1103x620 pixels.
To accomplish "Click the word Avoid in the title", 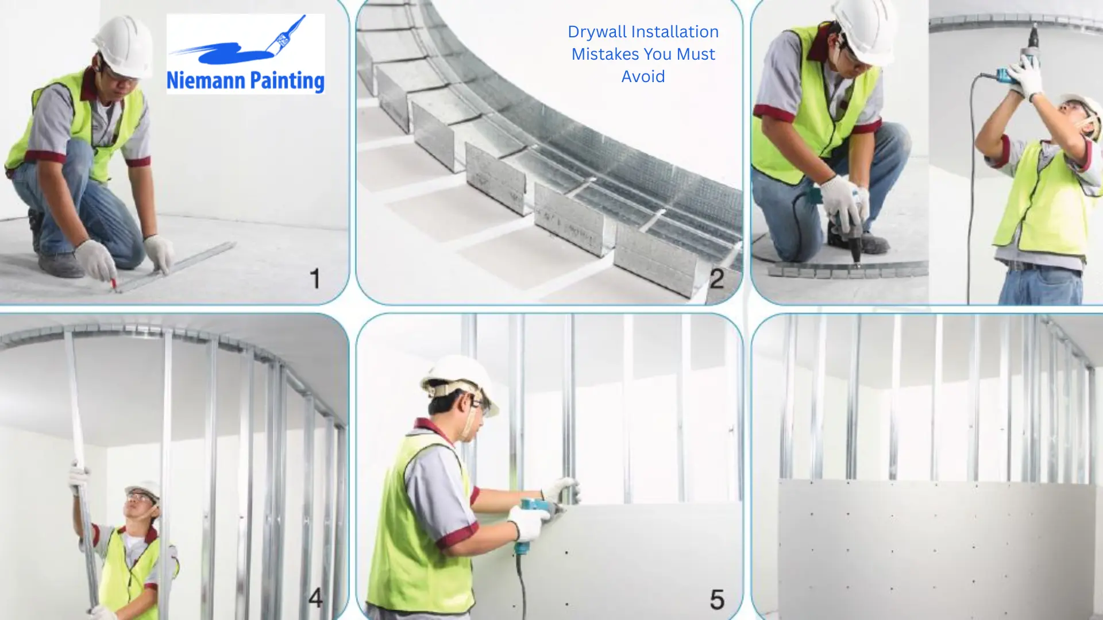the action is (x=643, y=76).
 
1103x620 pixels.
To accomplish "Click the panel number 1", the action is (x=315, y=279).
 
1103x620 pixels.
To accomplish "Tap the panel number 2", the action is (x=716, y=279).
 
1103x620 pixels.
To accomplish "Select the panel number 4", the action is (x=315, y=598).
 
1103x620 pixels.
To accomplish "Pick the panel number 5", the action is (x=717, y=599).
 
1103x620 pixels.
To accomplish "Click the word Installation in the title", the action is (x=676, y=32).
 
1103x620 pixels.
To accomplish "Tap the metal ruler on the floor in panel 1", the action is (x=175, y=266).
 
